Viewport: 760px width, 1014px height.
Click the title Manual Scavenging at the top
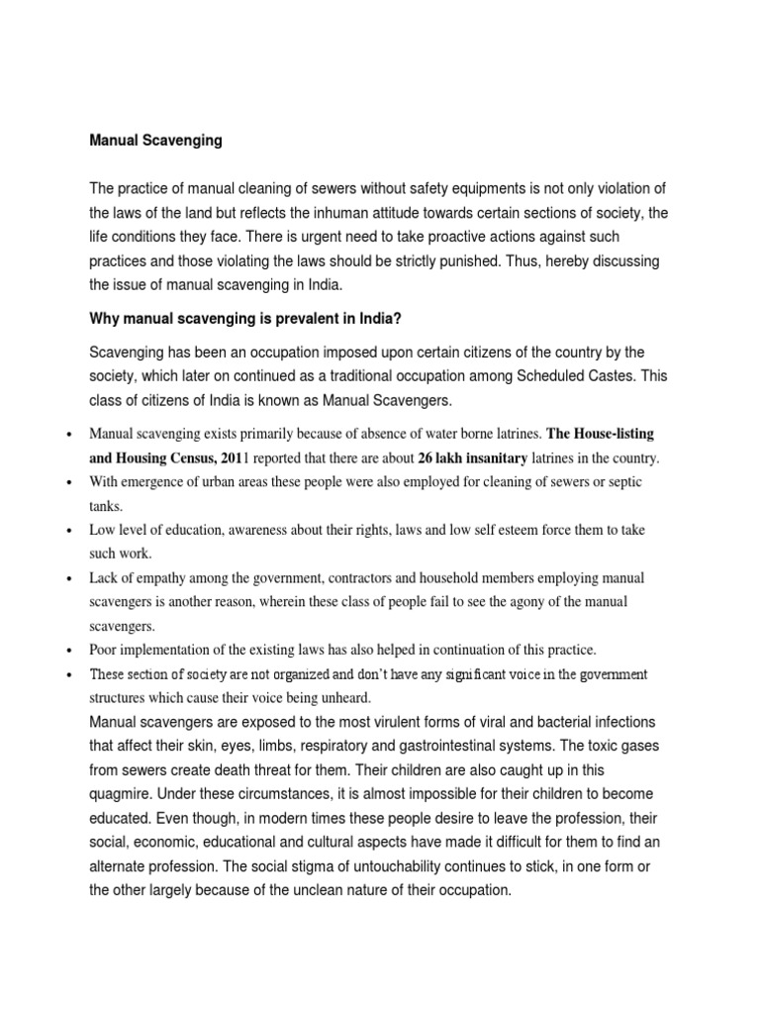tap(155, 141)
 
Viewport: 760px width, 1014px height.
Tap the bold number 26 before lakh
tap(427, 458)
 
